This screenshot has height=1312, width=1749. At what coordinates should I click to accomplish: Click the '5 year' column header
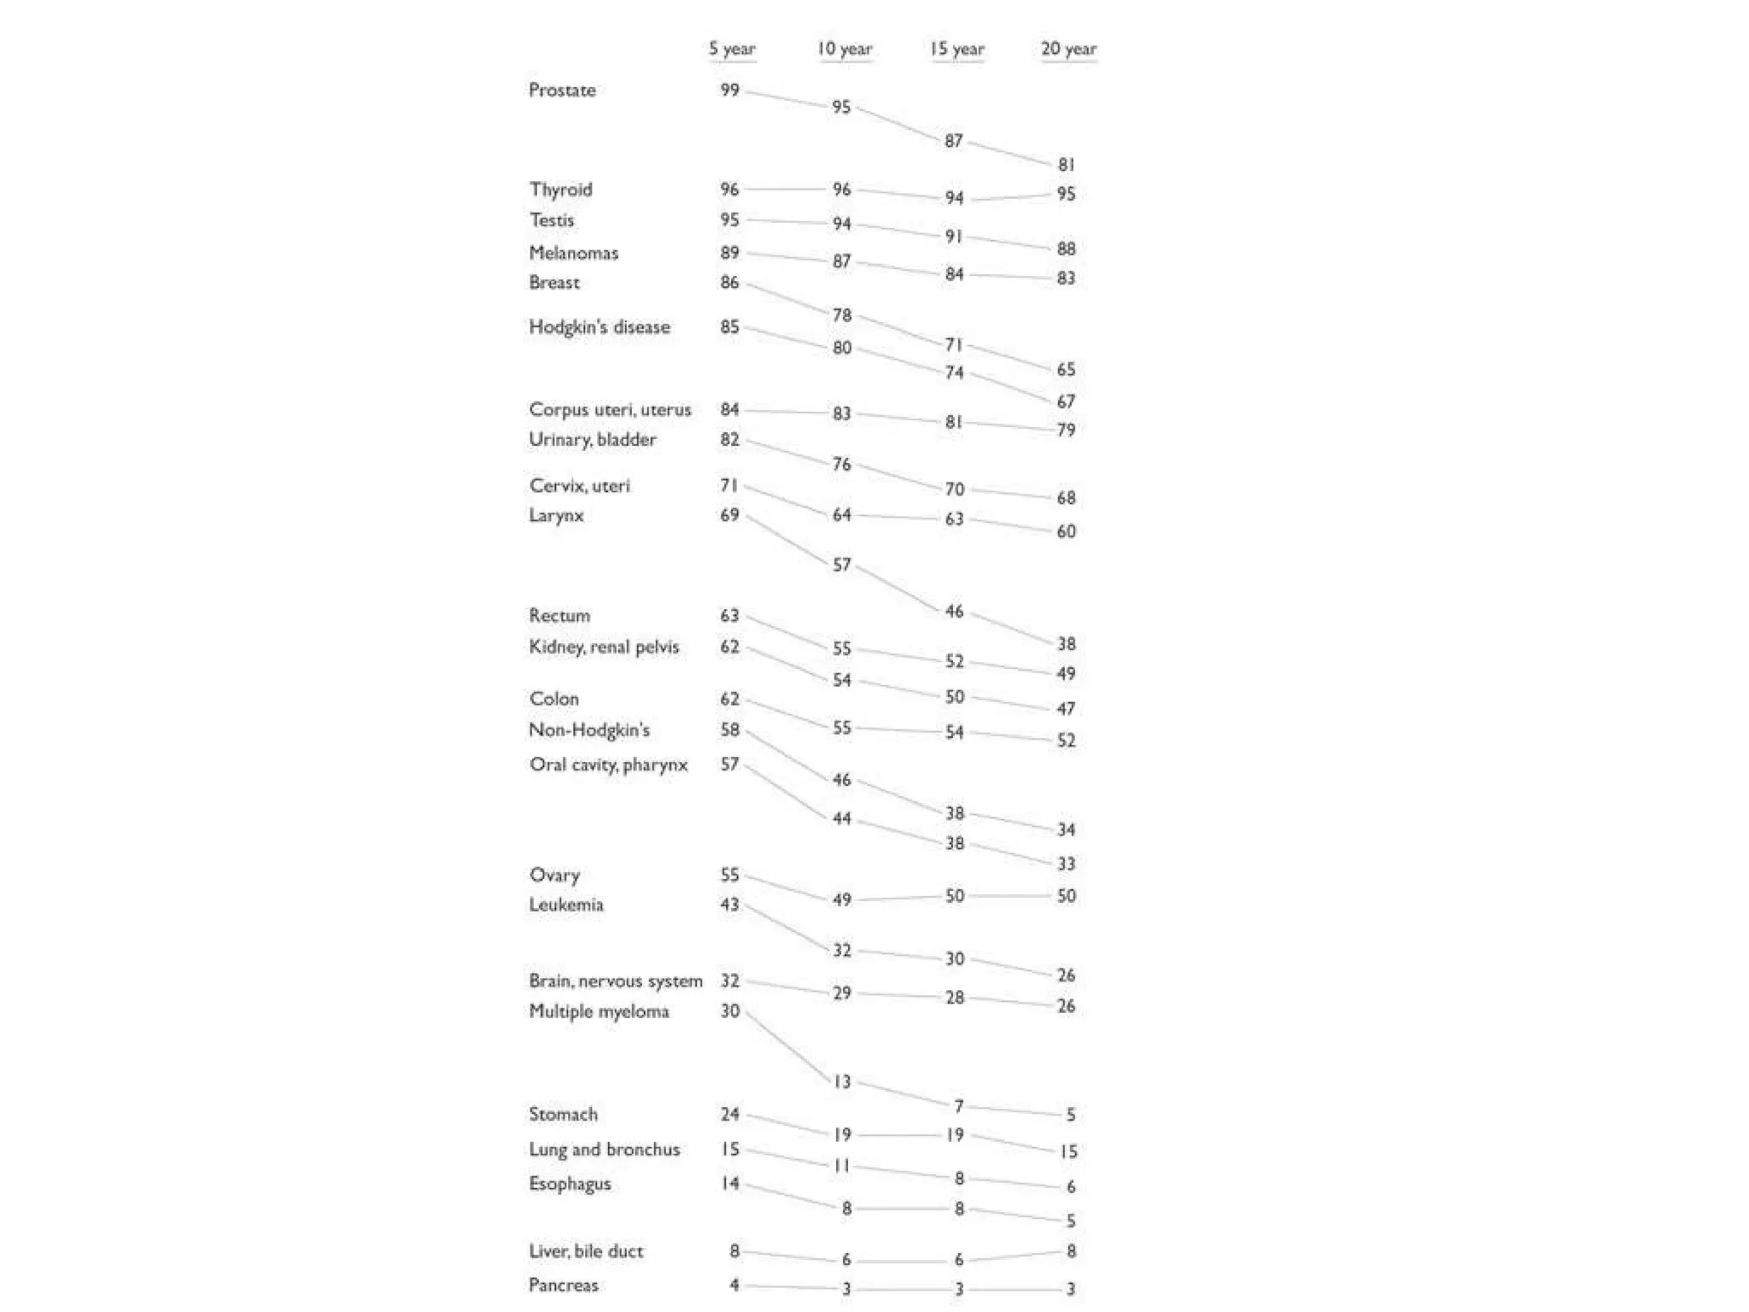click(x=732, y=49)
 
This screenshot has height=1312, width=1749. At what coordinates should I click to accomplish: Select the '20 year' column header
click(x=1068, y=49)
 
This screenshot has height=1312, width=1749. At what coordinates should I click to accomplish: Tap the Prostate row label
click(x=562, y=90)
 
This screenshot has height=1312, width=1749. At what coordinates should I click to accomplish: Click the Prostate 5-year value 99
click(x=729, y=90)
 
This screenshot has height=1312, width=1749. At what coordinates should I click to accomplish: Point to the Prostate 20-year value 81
click(x=1066, y=164)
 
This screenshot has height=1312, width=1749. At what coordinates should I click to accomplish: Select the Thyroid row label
click(x=560, y=189)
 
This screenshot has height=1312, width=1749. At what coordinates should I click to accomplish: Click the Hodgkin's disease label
click(x=599, y=327)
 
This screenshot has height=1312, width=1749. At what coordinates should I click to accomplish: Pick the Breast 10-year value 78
click(x=842, y=315)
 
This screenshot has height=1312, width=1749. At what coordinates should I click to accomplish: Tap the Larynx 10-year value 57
click(x=842, y=565)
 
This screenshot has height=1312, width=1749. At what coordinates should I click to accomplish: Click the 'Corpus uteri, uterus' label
click(x=610, y=409)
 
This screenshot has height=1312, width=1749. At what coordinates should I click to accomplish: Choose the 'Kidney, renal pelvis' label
click(x=604, y=647)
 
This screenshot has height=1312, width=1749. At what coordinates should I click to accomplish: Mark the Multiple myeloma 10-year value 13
click(x=842, y=1081)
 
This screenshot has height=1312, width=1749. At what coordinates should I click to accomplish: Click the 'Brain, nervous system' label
click(x=615, y=981)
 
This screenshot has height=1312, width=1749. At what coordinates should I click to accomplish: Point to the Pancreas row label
click(x=563, y=1285)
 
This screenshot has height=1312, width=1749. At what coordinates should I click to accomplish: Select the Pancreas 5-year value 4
click(x=734, y=1285)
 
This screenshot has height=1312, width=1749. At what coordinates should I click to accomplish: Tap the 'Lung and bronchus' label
click(x=604, y=1149)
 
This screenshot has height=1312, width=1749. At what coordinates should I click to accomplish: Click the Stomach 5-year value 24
click(x=729, y=1114)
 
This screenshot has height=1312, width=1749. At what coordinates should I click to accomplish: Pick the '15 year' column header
click(x=956, y=49)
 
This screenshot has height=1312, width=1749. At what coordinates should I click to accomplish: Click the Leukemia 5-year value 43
click(x=729, y=905)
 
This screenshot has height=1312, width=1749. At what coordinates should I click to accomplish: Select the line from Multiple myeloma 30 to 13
click(x=787, y=1047)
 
